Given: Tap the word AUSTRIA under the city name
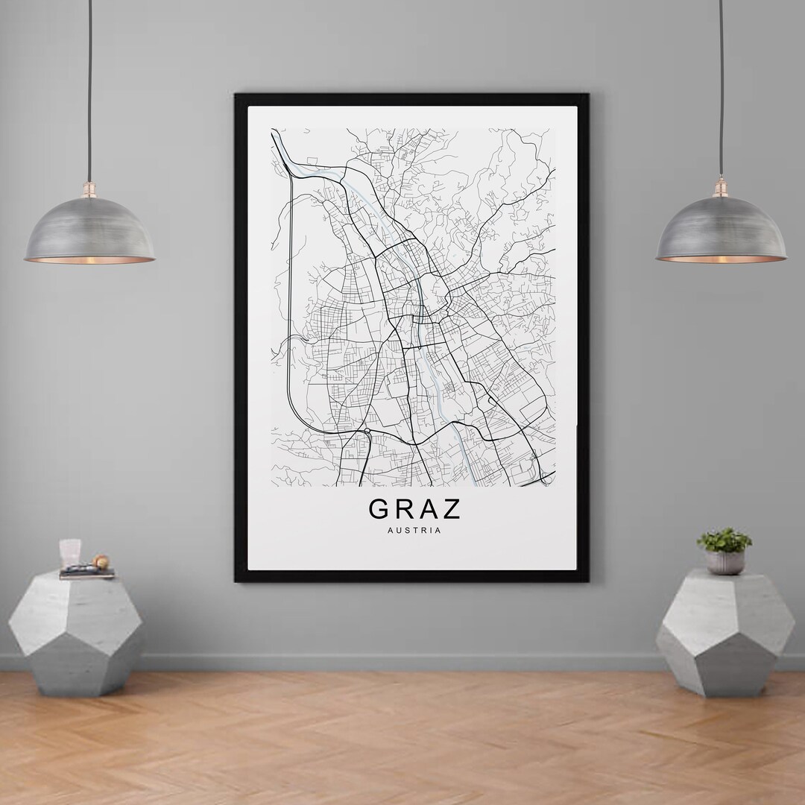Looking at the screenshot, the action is point(414,531).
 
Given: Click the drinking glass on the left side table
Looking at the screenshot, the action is point(70,553).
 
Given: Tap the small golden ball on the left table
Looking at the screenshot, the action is point(101,561).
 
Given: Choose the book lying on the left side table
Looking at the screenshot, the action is point(86,573).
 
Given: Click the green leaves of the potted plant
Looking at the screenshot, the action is point(724,540).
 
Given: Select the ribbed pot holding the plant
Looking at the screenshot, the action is point(724,562).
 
